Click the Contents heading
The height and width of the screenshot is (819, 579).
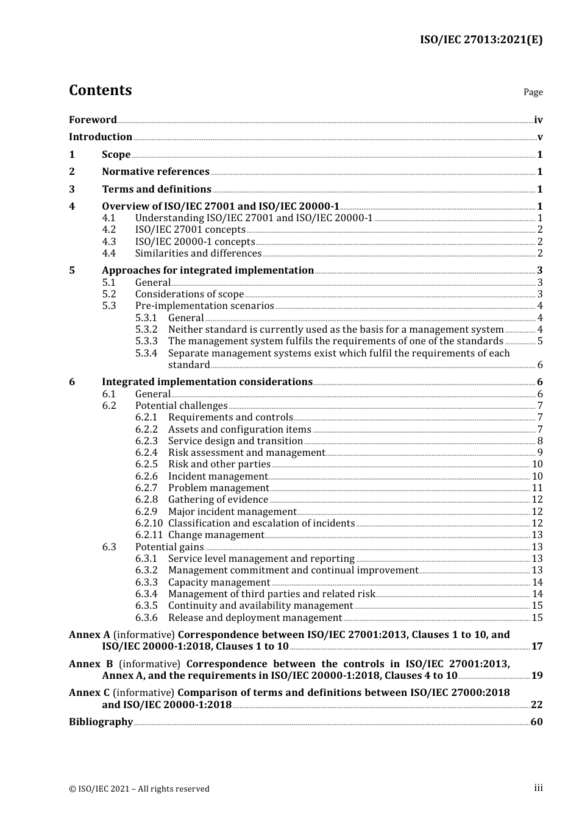pos(100,90)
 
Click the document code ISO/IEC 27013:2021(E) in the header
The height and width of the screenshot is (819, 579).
pos(481,40)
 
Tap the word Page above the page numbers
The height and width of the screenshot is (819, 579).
pos(533,92)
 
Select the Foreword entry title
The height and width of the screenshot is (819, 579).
pos(93,120)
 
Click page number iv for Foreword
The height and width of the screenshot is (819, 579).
pos(538,120)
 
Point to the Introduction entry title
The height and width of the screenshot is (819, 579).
pos(101,137)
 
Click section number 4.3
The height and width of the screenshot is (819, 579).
pos(108,242)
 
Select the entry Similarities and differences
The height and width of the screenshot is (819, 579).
pos(198,253)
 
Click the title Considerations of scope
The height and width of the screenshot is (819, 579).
pos(189,294)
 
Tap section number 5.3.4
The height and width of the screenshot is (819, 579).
pos(146,353)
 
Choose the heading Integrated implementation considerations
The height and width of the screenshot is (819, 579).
pos(207,382)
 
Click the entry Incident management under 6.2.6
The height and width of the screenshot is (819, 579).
pos(218,477)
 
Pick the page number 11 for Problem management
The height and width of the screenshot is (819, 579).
pos(537,488)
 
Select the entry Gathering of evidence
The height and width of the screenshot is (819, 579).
pos(218,500)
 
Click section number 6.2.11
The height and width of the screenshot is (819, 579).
pos(149,535)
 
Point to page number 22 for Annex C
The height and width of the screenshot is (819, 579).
pos(536,705)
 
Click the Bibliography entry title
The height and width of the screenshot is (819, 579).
pos(101,722)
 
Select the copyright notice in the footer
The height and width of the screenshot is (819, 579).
pos(139,789)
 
